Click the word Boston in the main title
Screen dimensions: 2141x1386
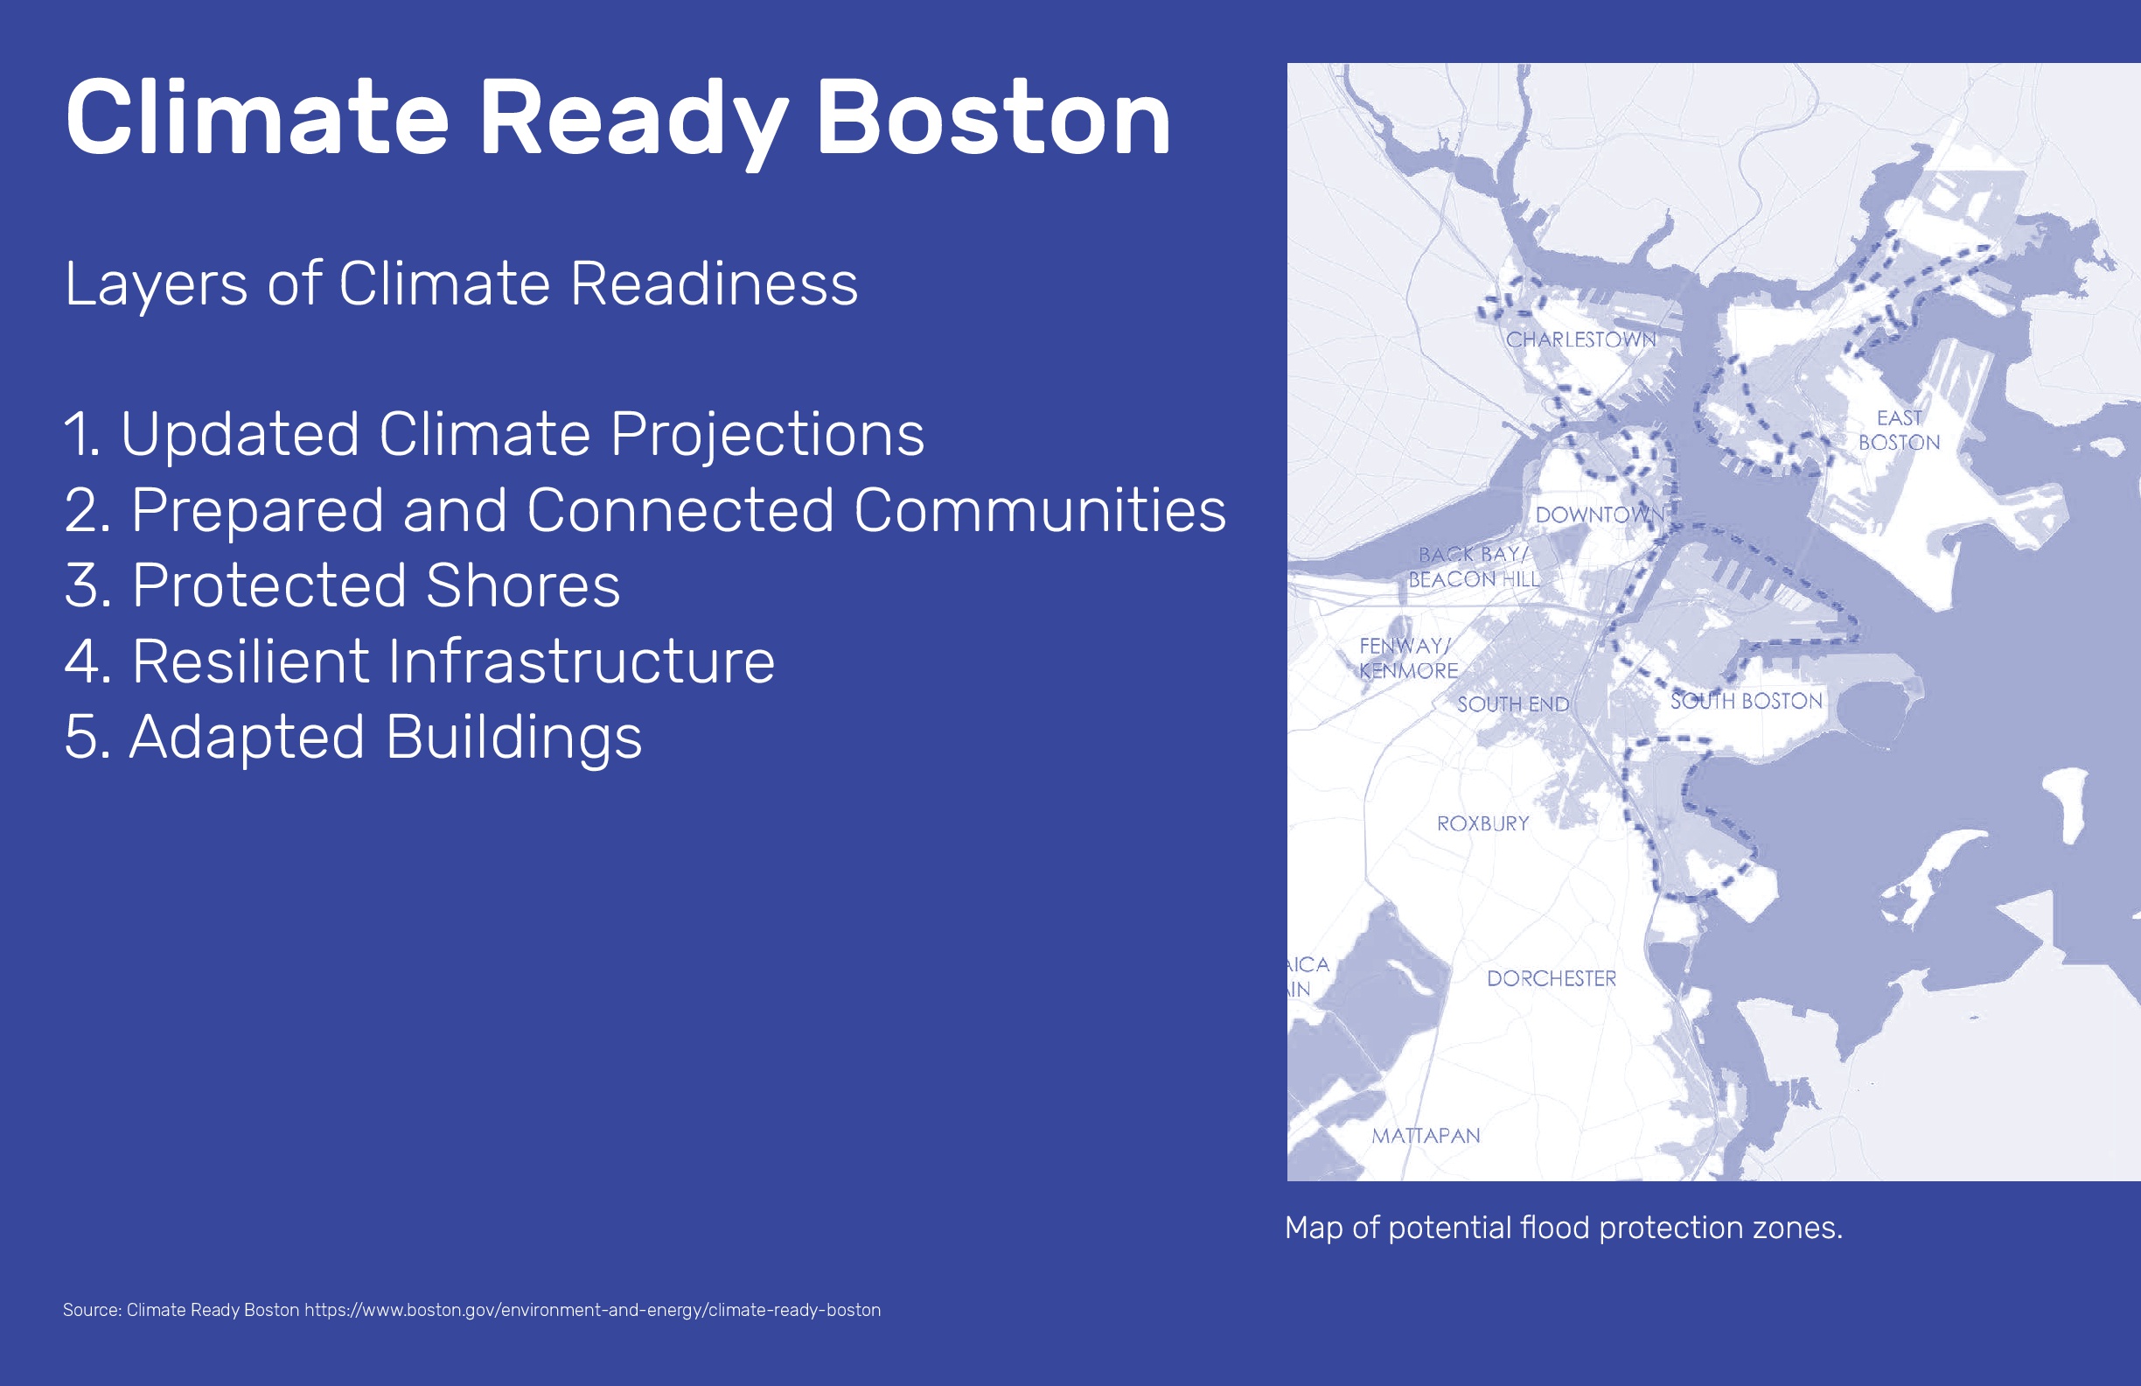(x=994, y=118)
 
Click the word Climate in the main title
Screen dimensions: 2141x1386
(x=257, y=118)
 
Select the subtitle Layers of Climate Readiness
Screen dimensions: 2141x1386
(x=462, y=284)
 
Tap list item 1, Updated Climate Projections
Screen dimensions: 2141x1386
(x=494, y=435)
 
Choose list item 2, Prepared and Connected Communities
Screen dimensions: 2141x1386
(x=645, y=510)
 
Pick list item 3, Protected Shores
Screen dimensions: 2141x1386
(x=343, y=586)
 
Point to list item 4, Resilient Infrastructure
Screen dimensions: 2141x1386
(x=419, y=661)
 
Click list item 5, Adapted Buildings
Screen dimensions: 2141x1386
(x=353, y=738)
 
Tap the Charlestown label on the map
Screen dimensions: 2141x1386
(x=1580, y=339)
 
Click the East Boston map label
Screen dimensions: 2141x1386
(x=1899, y=430)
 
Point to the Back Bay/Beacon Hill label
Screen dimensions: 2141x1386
(x=1474, y=567)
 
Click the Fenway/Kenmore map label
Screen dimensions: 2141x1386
(x=1409, y=658)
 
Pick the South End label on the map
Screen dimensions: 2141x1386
(x=1513, y=703)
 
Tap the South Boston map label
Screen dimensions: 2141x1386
(x=1746, y=701)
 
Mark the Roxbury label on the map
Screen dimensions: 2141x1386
(x=1482, y=823)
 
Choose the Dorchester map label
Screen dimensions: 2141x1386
(x=1552, y=978)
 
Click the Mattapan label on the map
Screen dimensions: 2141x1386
(x=1426, y=1136)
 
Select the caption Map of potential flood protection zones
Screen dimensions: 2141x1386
(x=1564, y=1228)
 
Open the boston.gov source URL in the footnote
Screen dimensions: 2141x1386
(x=593, y=1311)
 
